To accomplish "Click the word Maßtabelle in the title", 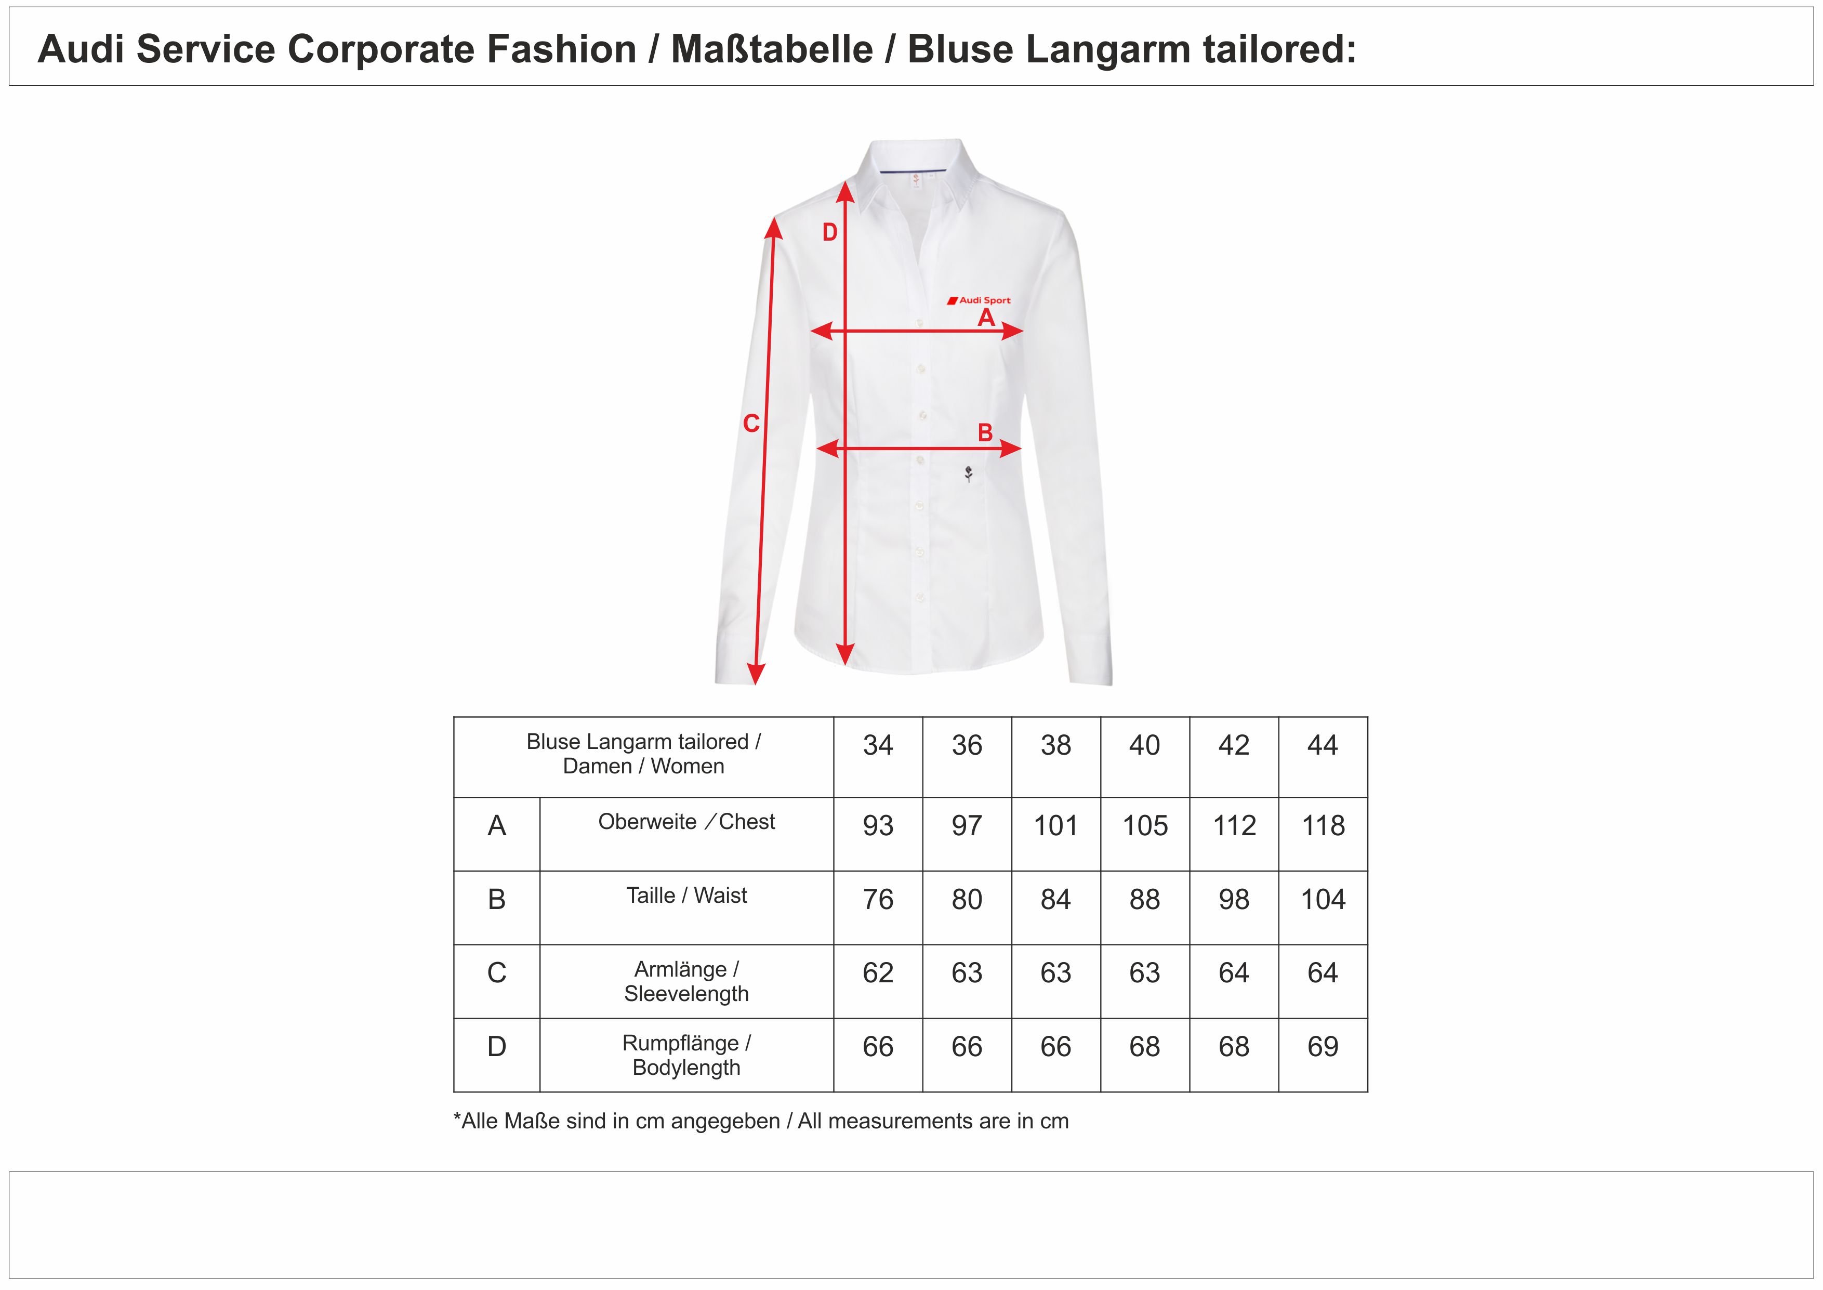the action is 771,49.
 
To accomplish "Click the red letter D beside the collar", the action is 830,232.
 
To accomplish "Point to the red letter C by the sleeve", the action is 751,424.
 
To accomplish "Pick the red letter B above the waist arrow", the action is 985,433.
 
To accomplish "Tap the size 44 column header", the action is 1322,745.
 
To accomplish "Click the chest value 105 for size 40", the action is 1144,826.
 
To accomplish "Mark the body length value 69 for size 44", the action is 1322,1047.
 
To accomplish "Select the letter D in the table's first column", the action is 496,1047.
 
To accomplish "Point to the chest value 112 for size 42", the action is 1234,826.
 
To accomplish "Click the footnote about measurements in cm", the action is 761,1122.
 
